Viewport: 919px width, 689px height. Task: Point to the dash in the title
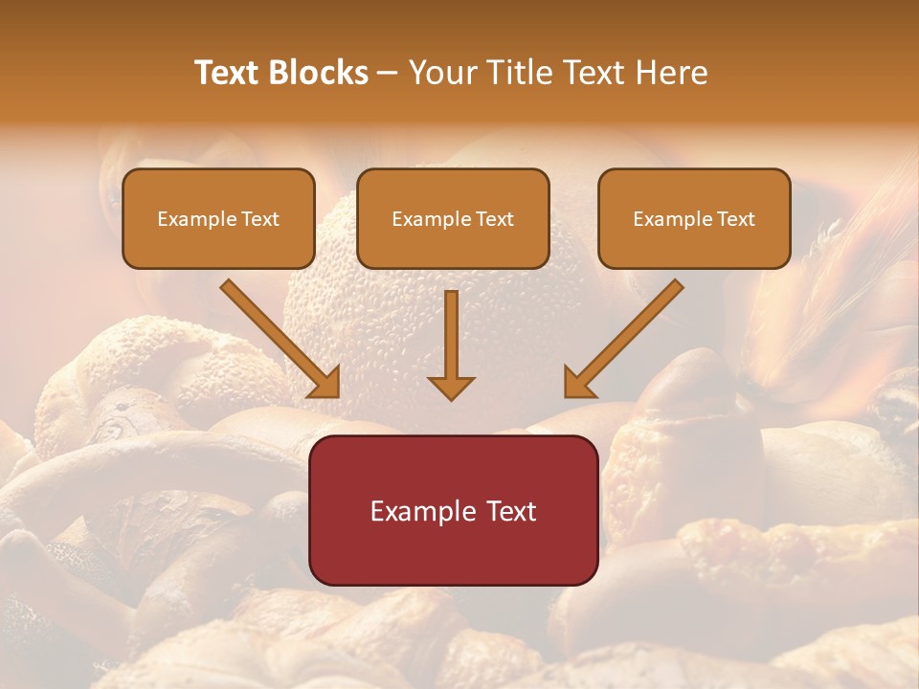point(388,73)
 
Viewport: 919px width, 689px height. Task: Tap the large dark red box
point(453,550)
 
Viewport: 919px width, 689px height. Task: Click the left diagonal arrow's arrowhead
point(325,383)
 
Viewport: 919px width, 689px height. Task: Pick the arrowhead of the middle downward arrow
point(451,388)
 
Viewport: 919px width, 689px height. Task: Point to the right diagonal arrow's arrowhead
point(578,383)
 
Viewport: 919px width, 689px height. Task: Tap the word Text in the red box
point(512,511)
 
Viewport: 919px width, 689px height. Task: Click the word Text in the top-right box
point(735,219)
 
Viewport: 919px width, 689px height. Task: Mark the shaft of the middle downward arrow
point(451,330)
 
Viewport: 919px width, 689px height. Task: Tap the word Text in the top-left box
point(259,219)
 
